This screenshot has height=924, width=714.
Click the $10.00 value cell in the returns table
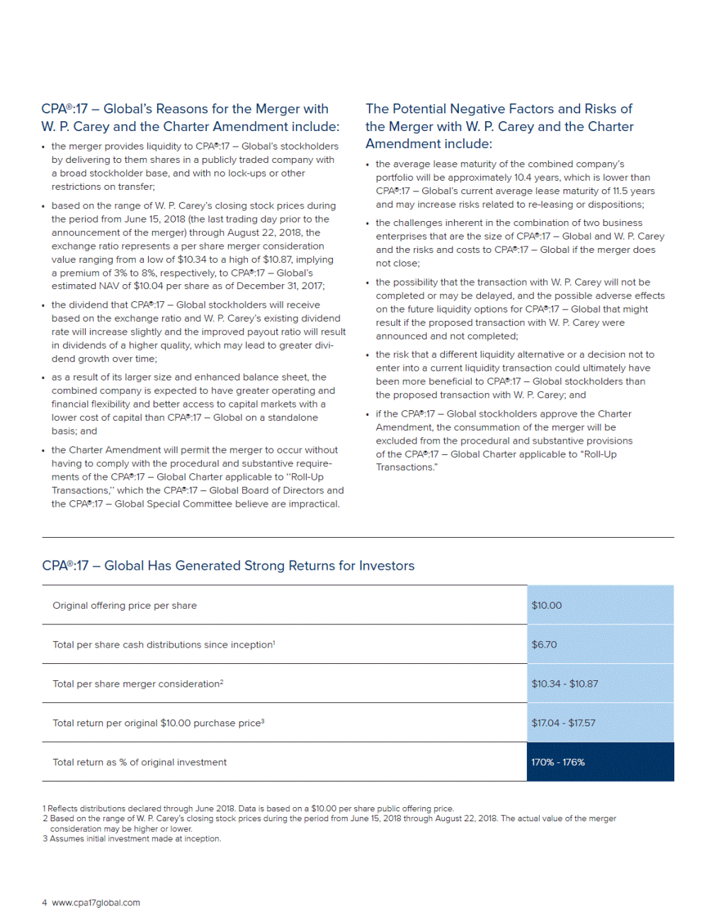click(x=546, y=605)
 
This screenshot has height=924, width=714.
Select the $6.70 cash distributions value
click(x=544, y=644)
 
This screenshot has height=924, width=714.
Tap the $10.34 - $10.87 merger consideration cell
click(x=565, y=684)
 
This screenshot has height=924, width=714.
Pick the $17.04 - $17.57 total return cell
click(x=563, y=723)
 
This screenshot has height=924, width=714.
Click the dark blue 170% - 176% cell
click(x=558, y=762)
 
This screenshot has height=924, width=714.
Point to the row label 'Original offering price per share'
click(x=125, y=605)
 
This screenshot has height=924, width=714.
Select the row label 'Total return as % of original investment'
click(x=140, y=762)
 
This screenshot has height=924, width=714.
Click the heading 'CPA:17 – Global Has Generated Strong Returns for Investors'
click(x=228, y=565)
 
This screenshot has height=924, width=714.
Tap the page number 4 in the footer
click(x=45, y=903)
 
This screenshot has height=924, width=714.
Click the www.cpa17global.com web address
click(x=96, y=903)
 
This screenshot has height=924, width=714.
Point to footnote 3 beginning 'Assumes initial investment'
click(x=135, y=839)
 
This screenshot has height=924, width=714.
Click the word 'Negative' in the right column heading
click(x=478, y=109)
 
